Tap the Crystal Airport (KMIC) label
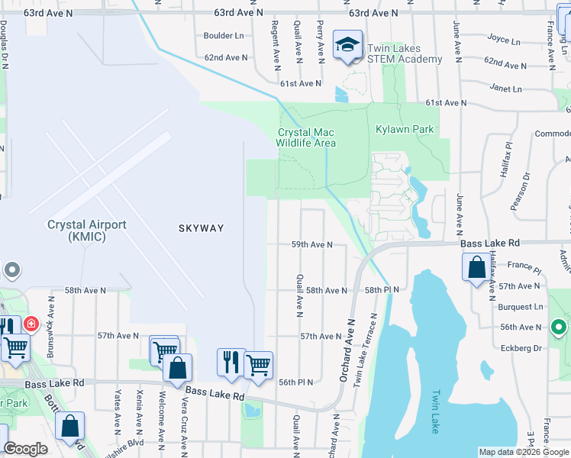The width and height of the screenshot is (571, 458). click(x=86, y=231)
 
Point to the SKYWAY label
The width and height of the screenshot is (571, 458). click(x=202, y=228)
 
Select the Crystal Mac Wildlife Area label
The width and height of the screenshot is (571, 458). click(x=306, y=137)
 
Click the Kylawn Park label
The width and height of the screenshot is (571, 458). click(x=405, y=130)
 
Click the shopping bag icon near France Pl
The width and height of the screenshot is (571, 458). click(x=476, y=268)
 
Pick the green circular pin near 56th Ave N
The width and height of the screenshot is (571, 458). click(x=558, y=327)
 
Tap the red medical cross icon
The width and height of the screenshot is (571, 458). click(x=31, y=324)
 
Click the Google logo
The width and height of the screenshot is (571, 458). click(x=26, y=449)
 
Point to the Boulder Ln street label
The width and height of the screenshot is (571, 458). click(x=224, y=36)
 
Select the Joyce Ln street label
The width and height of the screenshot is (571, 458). click(x=503, y=40)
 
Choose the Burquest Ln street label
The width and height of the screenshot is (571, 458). click(x=521, y=307)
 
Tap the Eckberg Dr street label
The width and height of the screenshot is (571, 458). click(x=519, y=347)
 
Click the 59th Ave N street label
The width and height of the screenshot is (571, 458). click(x=311, y=244)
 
